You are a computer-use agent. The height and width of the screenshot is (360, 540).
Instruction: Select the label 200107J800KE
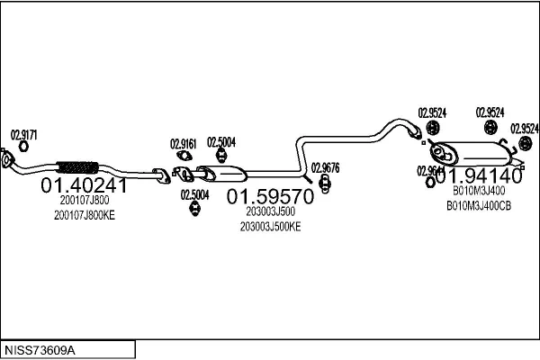[85, 215]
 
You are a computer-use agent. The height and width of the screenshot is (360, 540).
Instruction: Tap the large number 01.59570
[270, 196]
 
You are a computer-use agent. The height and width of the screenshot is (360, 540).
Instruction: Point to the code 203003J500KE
[270, 226]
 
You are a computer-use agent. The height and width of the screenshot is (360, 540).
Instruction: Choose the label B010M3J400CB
[479, 205]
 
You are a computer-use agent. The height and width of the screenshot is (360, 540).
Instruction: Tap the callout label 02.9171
[23, 134]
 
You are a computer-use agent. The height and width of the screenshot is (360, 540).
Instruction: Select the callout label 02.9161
[184, 143]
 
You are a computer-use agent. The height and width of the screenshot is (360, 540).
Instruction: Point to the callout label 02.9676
[325, 166]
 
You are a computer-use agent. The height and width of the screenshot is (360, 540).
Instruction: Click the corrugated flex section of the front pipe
[76, 166]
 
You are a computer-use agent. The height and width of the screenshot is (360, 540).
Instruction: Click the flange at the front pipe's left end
[7, 162]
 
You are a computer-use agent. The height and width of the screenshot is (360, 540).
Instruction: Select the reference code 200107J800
[85, 201]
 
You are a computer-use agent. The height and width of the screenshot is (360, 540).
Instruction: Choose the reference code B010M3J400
[479, 191]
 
